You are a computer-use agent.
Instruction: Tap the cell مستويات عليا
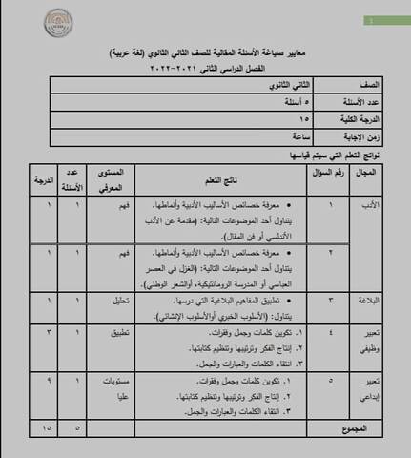click(119, 386)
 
